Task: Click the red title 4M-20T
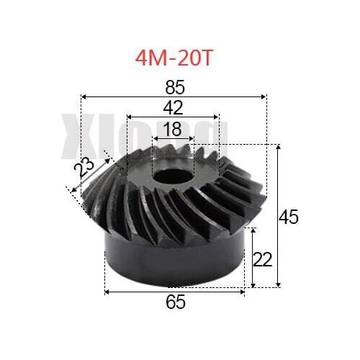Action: pos(175,58)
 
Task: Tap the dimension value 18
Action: pos(173,129)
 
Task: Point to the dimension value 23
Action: pos(86,171)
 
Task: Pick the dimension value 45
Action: pos(289,217)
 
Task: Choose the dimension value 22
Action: pos(264,258)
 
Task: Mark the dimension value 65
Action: pos(175,302)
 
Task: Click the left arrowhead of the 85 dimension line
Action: pos(84,95)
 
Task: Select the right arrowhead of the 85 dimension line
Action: pos(265,95)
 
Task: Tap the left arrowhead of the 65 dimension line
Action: pos(107,292)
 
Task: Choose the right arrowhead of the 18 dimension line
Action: pos(192,138)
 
